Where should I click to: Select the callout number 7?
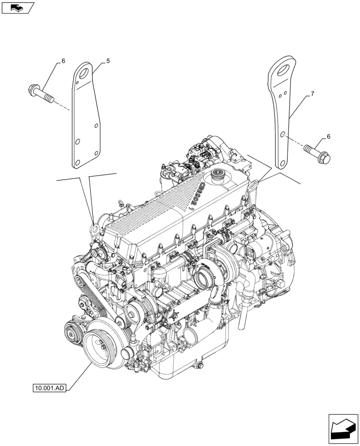[312, 94]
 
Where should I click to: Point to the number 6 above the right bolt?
[328, 137]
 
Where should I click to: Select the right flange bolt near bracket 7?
[318, 152]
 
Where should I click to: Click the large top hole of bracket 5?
[84, 71]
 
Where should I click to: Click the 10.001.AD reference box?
[49, 388]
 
